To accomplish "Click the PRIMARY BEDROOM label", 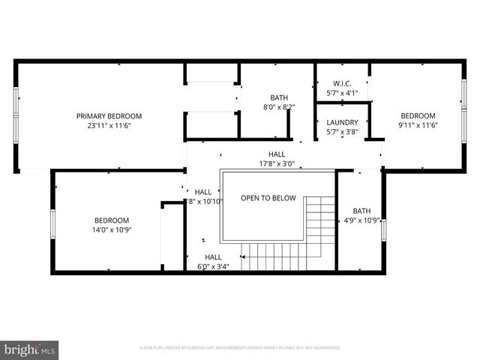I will (x=109, y=116).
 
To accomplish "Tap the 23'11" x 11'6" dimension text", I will (x=109, y=126).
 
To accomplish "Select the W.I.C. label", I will (x=342, y=84).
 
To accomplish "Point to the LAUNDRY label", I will (x=342, y=122).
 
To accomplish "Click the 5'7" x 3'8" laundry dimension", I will (x=342, y=131).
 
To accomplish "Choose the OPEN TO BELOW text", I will (x=268, y=199).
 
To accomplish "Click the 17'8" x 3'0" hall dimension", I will (x=277, y=163).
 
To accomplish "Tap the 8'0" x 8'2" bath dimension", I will (x=279, y=107).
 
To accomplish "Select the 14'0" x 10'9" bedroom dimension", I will (x=112, y=230).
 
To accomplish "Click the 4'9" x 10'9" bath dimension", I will (x=361, y=220).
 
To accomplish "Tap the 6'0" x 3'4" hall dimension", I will (x=213, y=266).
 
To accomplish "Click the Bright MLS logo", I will (x=30, y=349).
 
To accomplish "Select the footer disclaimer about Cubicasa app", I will (x=240, y=348).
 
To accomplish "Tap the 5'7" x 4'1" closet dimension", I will (x=342, y=93).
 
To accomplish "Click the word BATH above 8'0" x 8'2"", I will (x=279, y=97).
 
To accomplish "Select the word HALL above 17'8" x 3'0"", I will (x=277, y=154).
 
